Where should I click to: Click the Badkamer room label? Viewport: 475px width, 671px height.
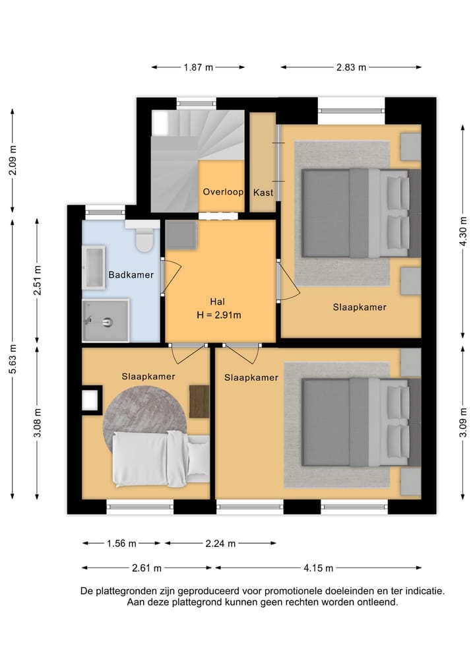pyautogui.click(x=131, y=274)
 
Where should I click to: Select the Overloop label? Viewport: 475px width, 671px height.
pyautogui.click(x=223, y=192)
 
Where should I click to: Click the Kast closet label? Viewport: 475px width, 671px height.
pyautogui.click(x=263, y=193)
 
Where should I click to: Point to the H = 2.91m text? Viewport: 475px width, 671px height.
pyautogui.click(x=218, y=315)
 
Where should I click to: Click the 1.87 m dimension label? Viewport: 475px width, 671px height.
pyautogui.click(x=198, y=67)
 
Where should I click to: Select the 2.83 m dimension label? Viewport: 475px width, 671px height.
pyautogui.click(x=351, y=67)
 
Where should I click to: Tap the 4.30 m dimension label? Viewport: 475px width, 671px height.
pyautogui.click(x=462, y=231)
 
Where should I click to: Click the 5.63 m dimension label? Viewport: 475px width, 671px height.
pyautogui.click(x=13, y=359)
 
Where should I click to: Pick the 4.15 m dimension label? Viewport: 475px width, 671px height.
pyautogui.click(x=319, y=568)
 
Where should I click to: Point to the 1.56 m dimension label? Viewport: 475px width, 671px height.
pyautogui.click(x=121, y=544)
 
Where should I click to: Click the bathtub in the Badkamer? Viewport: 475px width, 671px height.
pyautogui.click(x=94, y=267)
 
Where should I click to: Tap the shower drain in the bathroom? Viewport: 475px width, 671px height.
pyautogui.click(x=108, y=322)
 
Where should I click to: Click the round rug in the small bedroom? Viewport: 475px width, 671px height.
pyautogui.click(x=144, y=411)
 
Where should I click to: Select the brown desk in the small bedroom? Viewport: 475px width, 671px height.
pyautogui.click(x=199, y=402)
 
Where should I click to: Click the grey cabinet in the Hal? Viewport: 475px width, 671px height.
pyautogui.click(x=181, y=235)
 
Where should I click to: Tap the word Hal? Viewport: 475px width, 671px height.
pyautogui.click(x=218, y=302)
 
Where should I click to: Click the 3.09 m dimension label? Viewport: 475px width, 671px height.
pyautogui.click(x=462, y=422)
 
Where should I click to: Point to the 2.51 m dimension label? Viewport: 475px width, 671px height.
pyautogui.click(x=37, y=280)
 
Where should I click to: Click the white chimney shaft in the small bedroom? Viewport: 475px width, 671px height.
pyautogui.click(x=90, y=400)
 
